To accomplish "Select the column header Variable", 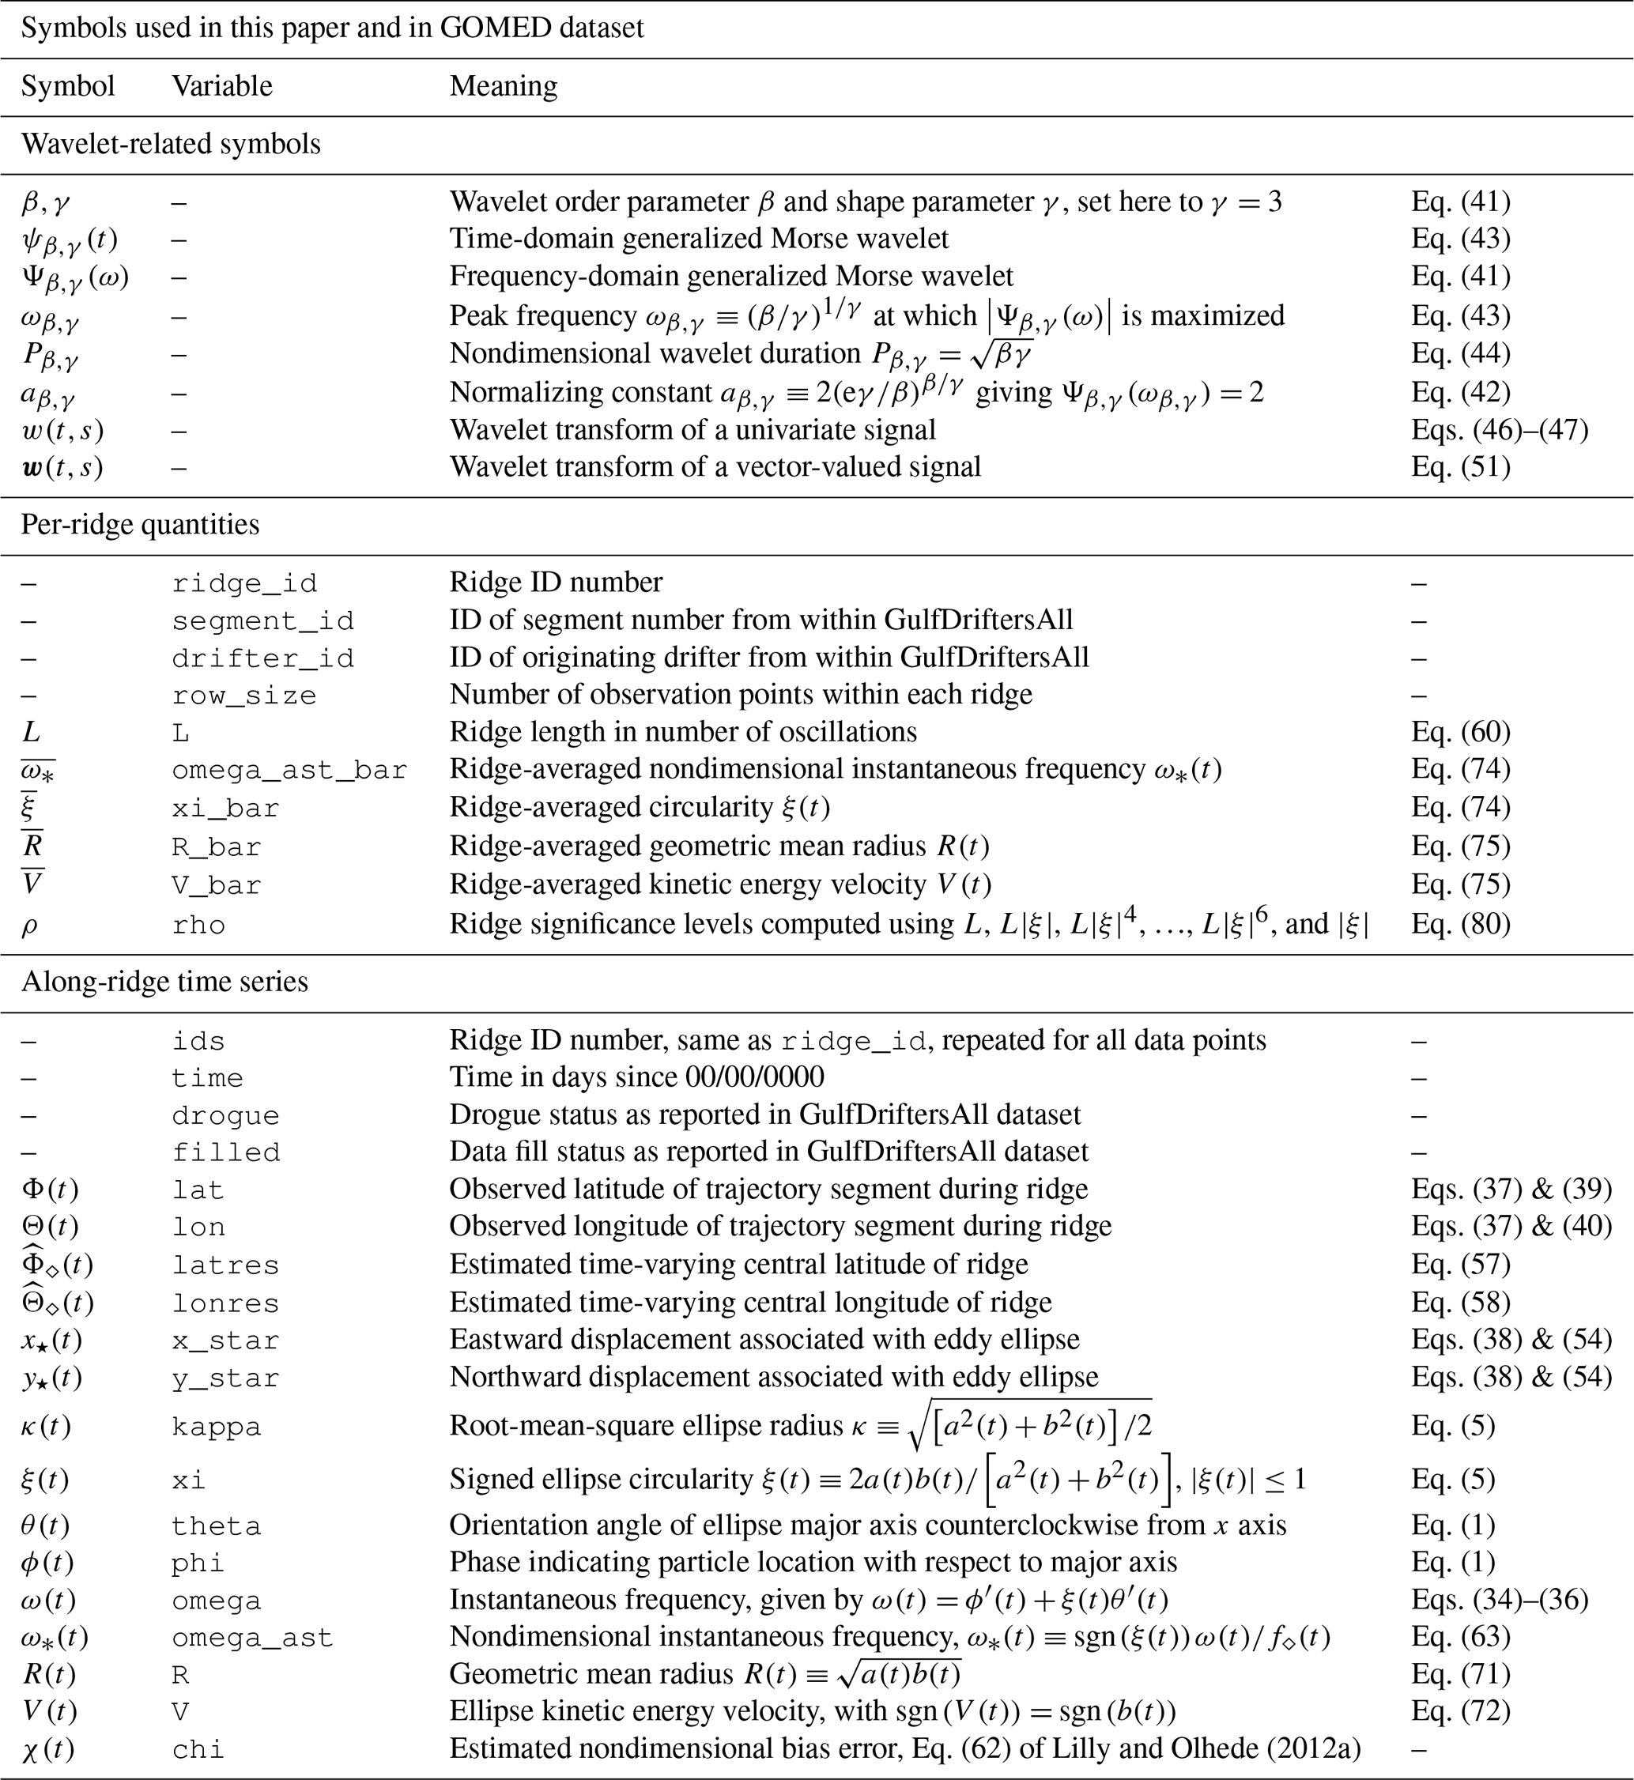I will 222,87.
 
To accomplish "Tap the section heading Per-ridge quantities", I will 140,526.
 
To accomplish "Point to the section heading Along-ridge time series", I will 164,982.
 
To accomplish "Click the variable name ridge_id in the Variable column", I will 244,583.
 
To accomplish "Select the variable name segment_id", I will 262,620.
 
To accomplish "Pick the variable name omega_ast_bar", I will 289,770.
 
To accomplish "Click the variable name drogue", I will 225,1115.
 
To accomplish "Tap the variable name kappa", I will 217,1427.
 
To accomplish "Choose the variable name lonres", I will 225,1303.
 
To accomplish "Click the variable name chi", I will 198,1750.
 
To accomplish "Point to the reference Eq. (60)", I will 1461,732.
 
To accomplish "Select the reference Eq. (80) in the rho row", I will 1461,924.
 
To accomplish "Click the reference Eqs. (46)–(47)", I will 1500,431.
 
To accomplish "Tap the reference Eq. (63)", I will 1461,1638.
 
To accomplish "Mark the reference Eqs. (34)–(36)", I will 1500,1600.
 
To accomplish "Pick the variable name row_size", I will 244,696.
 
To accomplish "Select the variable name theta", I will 217,1527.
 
